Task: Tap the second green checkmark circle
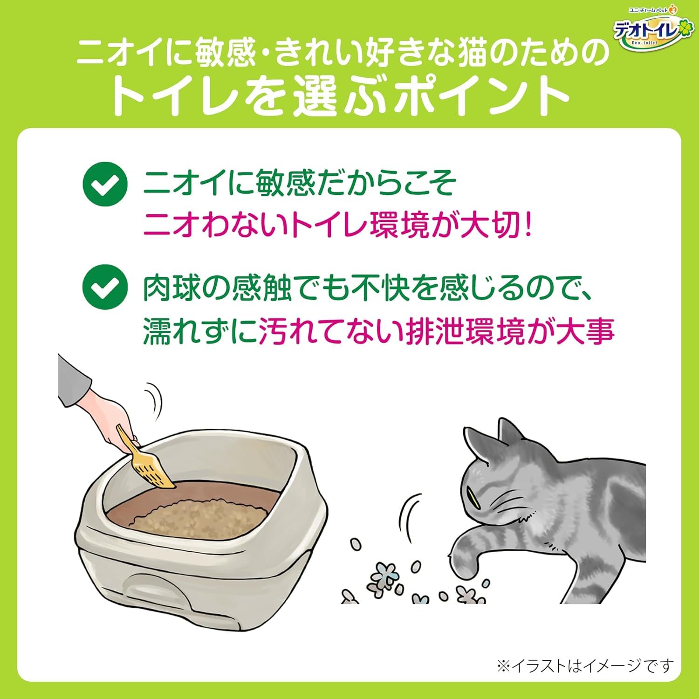[105, 287]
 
